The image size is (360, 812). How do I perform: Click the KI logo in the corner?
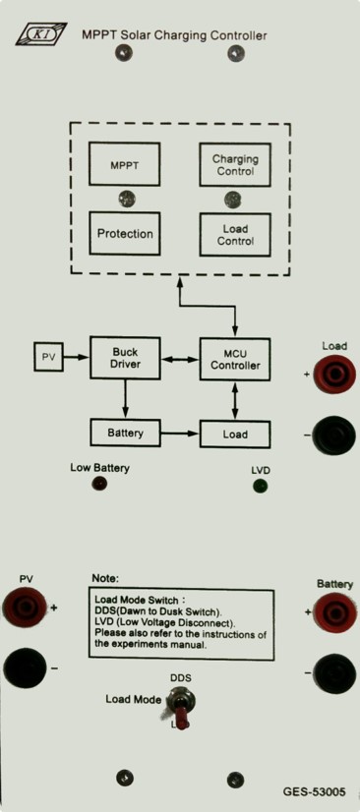coord(41,34)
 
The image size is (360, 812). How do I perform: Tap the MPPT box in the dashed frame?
coord(124,164)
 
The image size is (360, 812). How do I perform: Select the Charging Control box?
coord(235,165)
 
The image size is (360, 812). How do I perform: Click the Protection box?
coord(124,233)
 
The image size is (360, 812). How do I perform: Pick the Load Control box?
coord(235,235)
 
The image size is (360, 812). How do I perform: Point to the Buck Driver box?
coord(125,357)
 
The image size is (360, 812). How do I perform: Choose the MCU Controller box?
coord(235,360)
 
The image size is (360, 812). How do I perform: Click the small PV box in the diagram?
coord(49,356)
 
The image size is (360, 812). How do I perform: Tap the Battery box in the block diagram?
coord(125,433)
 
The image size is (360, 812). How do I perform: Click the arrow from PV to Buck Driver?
coord(77,357)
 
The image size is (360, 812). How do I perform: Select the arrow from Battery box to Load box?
coord(180,433)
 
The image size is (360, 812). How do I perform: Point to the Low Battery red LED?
coord(99,484)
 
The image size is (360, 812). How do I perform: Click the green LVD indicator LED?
coord(260,487)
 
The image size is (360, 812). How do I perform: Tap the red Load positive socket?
coord(334,374)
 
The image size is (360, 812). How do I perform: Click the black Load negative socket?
coord(334,435)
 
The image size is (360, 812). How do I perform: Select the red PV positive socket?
coord(25,607)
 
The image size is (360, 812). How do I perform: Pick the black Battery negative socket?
coord(335,673)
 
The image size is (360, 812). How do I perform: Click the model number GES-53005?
coord(313,791)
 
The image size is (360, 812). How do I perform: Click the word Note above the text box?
coord(105,577)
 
